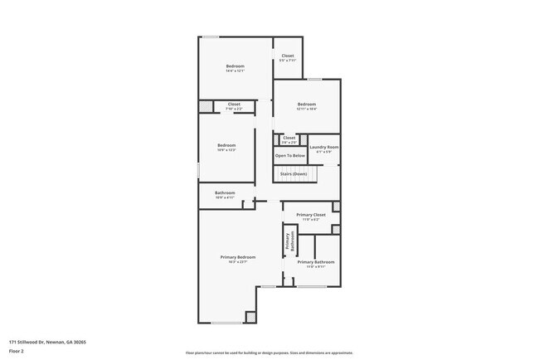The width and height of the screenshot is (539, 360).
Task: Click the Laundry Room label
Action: (324, 147)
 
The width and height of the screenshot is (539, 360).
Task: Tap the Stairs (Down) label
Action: (293, 173)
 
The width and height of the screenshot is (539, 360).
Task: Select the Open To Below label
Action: (290, 155)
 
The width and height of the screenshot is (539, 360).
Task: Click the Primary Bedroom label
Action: (238, 257)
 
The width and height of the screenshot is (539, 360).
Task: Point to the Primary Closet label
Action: (311, 214)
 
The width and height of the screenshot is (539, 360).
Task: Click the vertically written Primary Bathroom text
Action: (290, 241)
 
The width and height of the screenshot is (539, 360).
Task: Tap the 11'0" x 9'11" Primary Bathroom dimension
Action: (316, 266)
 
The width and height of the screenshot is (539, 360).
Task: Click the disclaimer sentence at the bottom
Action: (269, 353)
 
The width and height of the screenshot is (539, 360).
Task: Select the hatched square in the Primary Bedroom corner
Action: (251, 316)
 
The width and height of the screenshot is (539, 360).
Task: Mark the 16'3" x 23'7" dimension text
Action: (238, 262)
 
